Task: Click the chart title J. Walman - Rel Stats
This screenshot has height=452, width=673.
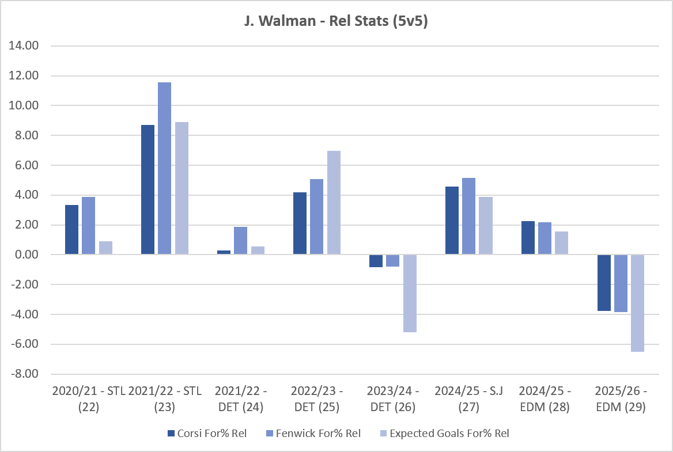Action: (336, 21)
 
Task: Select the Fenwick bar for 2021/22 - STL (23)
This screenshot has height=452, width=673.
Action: (164, 169)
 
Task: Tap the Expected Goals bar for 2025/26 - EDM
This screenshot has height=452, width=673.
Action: (637, 303)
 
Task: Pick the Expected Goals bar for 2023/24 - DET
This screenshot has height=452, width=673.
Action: (410, 293)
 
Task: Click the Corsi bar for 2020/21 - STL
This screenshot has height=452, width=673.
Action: (71, 230)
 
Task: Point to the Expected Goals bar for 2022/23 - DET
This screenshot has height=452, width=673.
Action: (334, 203)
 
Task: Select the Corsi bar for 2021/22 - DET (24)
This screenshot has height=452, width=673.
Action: (224, 253)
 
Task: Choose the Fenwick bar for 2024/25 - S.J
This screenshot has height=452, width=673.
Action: (468, 216)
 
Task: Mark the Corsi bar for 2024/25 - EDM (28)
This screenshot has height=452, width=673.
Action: (528, 238)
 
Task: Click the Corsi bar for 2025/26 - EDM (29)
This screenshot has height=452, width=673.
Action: (604, 283)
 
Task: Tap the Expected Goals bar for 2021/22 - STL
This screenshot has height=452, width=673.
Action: (182, 188)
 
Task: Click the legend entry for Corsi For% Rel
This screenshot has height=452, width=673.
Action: (207, 434)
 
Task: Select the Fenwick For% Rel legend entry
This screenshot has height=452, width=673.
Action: (314, 434)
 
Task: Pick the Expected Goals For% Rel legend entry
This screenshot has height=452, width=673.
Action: (445, 434)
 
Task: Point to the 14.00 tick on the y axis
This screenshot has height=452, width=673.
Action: (24, 45)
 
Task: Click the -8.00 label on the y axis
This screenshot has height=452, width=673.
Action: (24, 374)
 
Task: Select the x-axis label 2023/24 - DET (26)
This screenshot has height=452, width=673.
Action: (393, 399)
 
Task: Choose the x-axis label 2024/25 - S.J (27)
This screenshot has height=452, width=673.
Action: (468, 399)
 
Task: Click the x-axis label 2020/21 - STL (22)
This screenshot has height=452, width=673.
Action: (89, 399)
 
